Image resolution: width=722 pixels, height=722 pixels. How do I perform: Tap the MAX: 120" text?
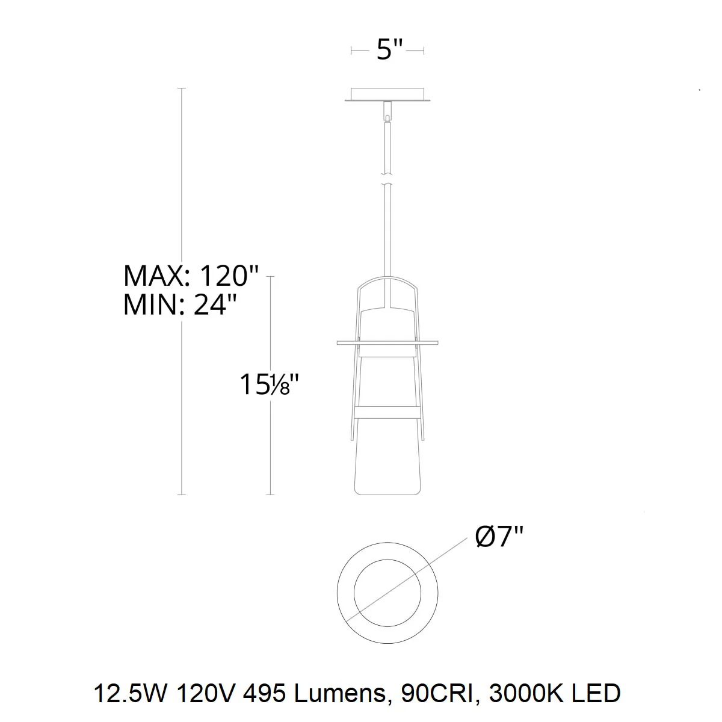coord(191,276)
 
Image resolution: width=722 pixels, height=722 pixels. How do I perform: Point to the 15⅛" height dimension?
coord(269,384)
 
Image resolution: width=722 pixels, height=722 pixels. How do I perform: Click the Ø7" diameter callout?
coord(499,537)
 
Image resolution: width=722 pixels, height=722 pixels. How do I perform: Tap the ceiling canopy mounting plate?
coord(387,94)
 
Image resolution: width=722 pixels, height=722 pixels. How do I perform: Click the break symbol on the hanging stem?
coord(387,179)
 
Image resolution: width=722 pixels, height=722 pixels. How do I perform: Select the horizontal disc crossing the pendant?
coord(387,342)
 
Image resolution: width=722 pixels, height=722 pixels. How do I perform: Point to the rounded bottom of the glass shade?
coord(387,494)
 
